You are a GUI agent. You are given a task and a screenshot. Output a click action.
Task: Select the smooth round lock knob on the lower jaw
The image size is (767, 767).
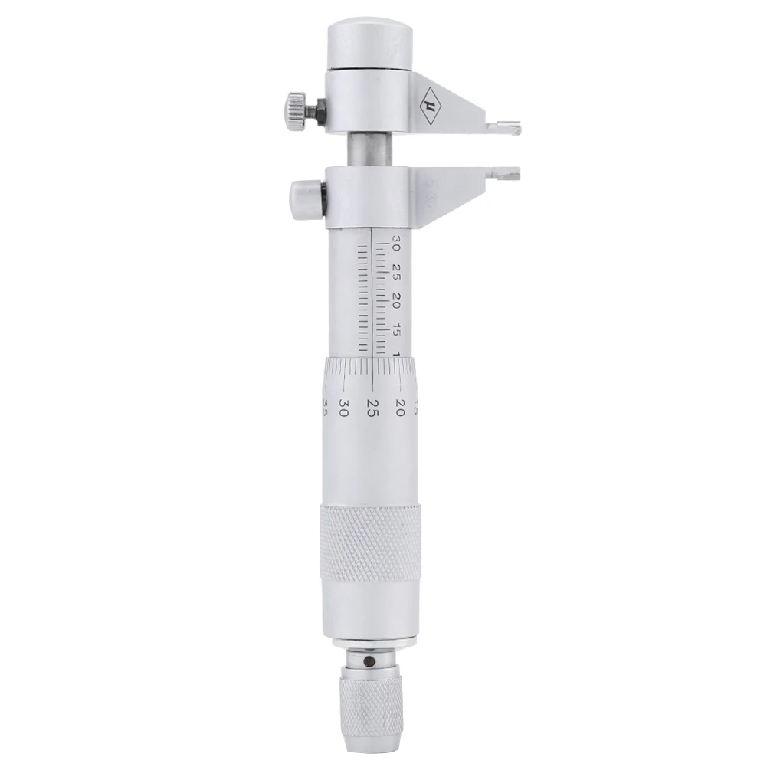point(303,198)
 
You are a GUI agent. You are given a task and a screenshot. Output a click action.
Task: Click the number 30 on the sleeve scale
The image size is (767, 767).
point(395,244)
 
